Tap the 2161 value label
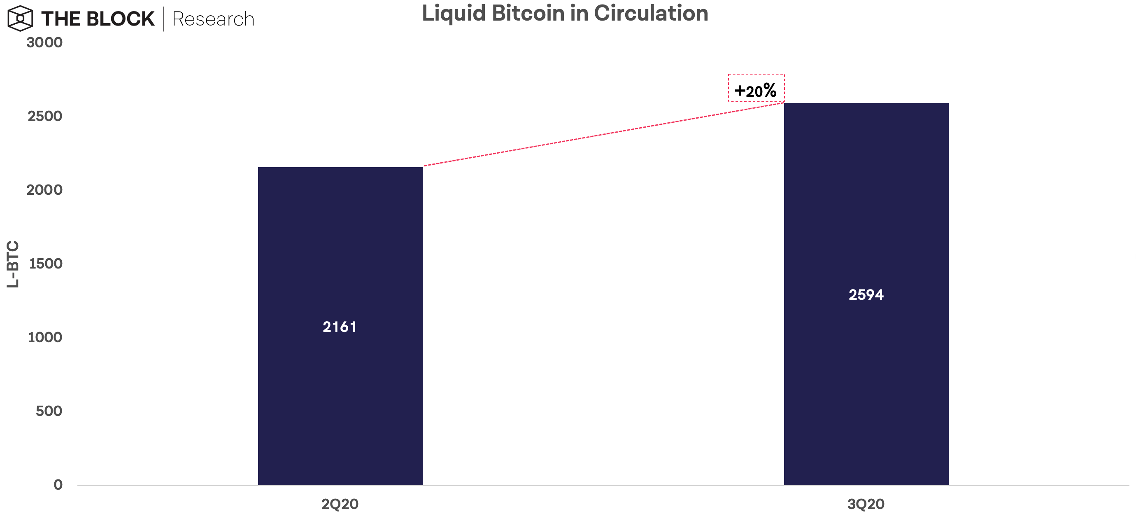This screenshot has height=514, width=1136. (340, 327)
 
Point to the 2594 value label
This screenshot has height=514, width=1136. (866, 295)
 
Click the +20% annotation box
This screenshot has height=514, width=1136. (756, 88)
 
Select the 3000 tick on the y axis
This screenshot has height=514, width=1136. (44, 43)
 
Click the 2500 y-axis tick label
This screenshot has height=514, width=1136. (44, 117)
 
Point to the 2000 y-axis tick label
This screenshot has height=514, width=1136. (44, 190)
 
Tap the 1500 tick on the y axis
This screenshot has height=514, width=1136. (45, 264)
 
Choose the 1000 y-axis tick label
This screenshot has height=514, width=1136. (44, 338)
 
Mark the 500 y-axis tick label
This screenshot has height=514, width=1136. (49, 411)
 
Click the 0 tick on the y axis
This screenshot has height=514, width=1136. (58, 485)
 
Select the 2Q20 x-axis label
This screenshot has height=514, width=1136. (340, 504)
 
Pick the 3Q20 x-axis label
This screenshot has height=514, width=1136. (866, 504)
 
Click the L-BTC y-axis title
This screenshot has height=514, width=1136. (13, 264)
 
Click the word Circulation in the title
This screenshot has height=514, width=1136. (651, 13)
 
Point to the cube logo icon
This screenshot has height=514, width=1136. (20, 19)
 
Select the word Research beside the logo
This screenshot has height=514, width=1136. (213, 19)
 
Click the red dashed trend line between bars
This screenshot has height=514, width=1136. (603, 134)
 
